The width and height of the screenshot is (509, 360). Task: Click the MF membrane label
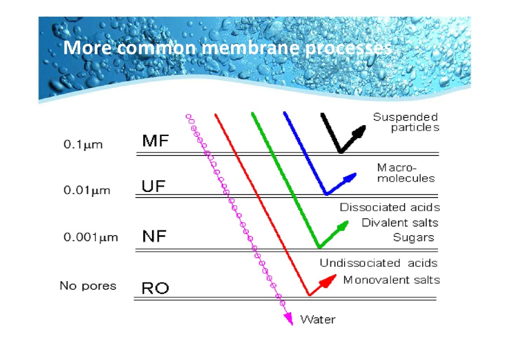156,141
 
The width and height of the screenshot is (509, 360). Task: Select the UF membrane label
154,186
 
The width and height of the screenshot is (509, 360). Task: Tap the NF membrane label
154,236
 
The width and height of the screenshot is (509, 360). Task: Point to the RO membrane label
155,288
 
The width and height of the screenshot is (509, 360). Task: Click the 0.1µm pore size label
83,144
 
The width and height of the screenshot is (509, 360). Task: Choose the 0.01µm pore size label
87,191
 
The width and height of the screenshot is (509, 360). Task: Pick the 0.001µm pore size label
91,237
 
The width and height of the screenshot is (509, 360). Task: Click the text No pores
88,285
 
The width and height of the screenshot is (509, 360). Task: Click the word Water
318,320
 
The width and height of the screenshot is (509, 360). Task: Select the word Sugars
413,238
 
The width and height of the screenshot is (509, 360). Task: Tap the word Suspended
405,117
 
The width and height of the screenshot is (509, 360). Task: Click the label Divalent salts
400,223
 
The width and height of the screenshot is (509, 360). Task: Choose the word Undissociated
360,263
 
